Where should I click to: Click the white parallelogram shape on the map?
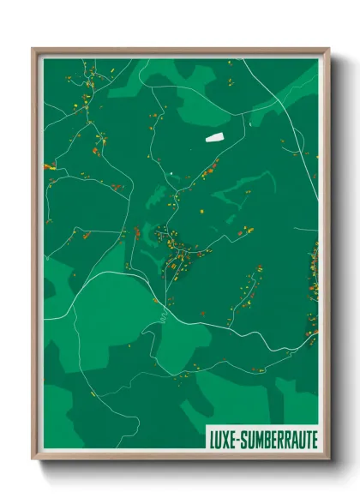(213, 136)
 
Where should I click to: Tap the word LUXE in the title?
(224, 439)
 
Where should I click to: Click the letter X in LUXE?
(226, 439)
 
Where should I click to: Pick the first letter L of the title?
(212, 439)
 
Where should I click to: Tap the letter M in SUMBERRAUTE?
(261, 439)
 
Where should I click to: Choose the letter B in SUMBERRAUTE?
(270, 439)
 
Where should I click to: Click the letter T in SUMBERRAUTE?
(306, 439)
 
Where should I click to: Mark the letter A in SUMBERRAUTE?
(291, 439)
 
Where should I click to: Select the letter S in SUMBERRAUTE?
(245, 439)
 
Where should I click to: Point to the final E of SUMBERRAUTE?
(314, 439)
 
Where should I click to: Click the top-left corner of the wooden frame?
(33, 49)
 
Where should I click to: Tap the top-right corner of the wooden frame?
(328, 49)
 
